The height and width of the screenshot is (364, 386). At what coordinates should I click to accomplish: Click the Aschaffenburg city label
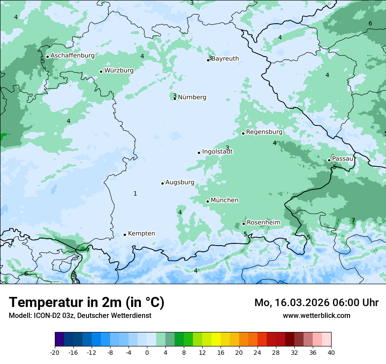(x=72, y=56)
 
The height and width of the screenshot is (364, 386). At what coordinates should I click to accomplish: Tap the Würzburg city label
(x=119, y=70)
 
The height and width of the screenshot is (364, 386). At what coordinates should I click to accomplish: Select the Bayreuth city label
(x=225, y=59)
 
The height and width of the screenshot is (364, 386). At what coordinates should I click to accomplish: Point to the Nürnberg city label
(x=192, y=97)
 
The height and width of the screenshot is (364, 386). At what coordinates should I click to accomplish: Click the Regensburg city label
(x=264, y=132)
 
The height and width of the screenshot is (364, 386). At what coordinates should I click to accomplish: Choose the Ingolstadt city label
(x=217, y=152)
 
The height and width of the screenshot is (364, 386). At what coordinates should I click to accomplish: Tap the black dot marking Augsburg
(x=162, y=183)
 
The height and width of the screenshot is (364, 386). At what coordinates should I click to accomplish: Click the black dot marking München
(x=207, y=202)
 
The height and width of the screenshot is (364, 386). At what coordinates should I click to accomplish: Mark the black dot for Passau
(x=329, y=160)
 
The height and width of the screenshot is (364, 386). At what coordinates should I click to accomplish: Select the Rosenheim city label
(x=263, y=223)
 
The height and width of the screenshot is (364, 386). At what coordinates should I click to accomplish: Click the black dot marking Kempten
(x=125, y=235)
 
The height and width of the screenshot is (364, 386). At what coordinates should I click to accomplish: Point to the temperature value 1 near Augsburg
(x=135, y=193)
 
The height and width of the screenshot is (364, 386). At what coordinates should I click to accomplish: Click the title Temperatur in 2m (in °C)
(x=87, y=303)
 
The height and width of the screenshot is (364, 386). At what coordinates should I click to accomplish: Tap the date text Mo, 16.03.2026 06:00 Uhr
(x=316, y=303)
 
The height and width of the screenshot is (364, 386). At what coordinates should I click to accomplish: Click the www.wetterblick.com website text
(x=316, y=316)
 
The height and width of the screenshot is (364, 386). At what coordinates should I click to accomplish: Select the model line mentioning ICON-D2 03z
(x=80, y=316)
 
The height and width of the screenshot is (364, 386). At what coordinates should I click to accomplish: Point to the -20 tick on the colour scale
(x=55, y=352)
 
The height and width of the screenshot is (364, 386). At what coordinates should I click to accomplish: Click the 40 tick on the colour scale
(x=331, y=352)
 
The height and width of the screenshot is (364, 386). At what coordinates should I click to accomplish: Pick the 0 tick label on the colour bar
(x=147, y=352)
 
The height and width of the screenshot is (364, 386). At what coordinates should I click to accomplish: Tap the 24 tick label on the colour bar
(x=257, y=352)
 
